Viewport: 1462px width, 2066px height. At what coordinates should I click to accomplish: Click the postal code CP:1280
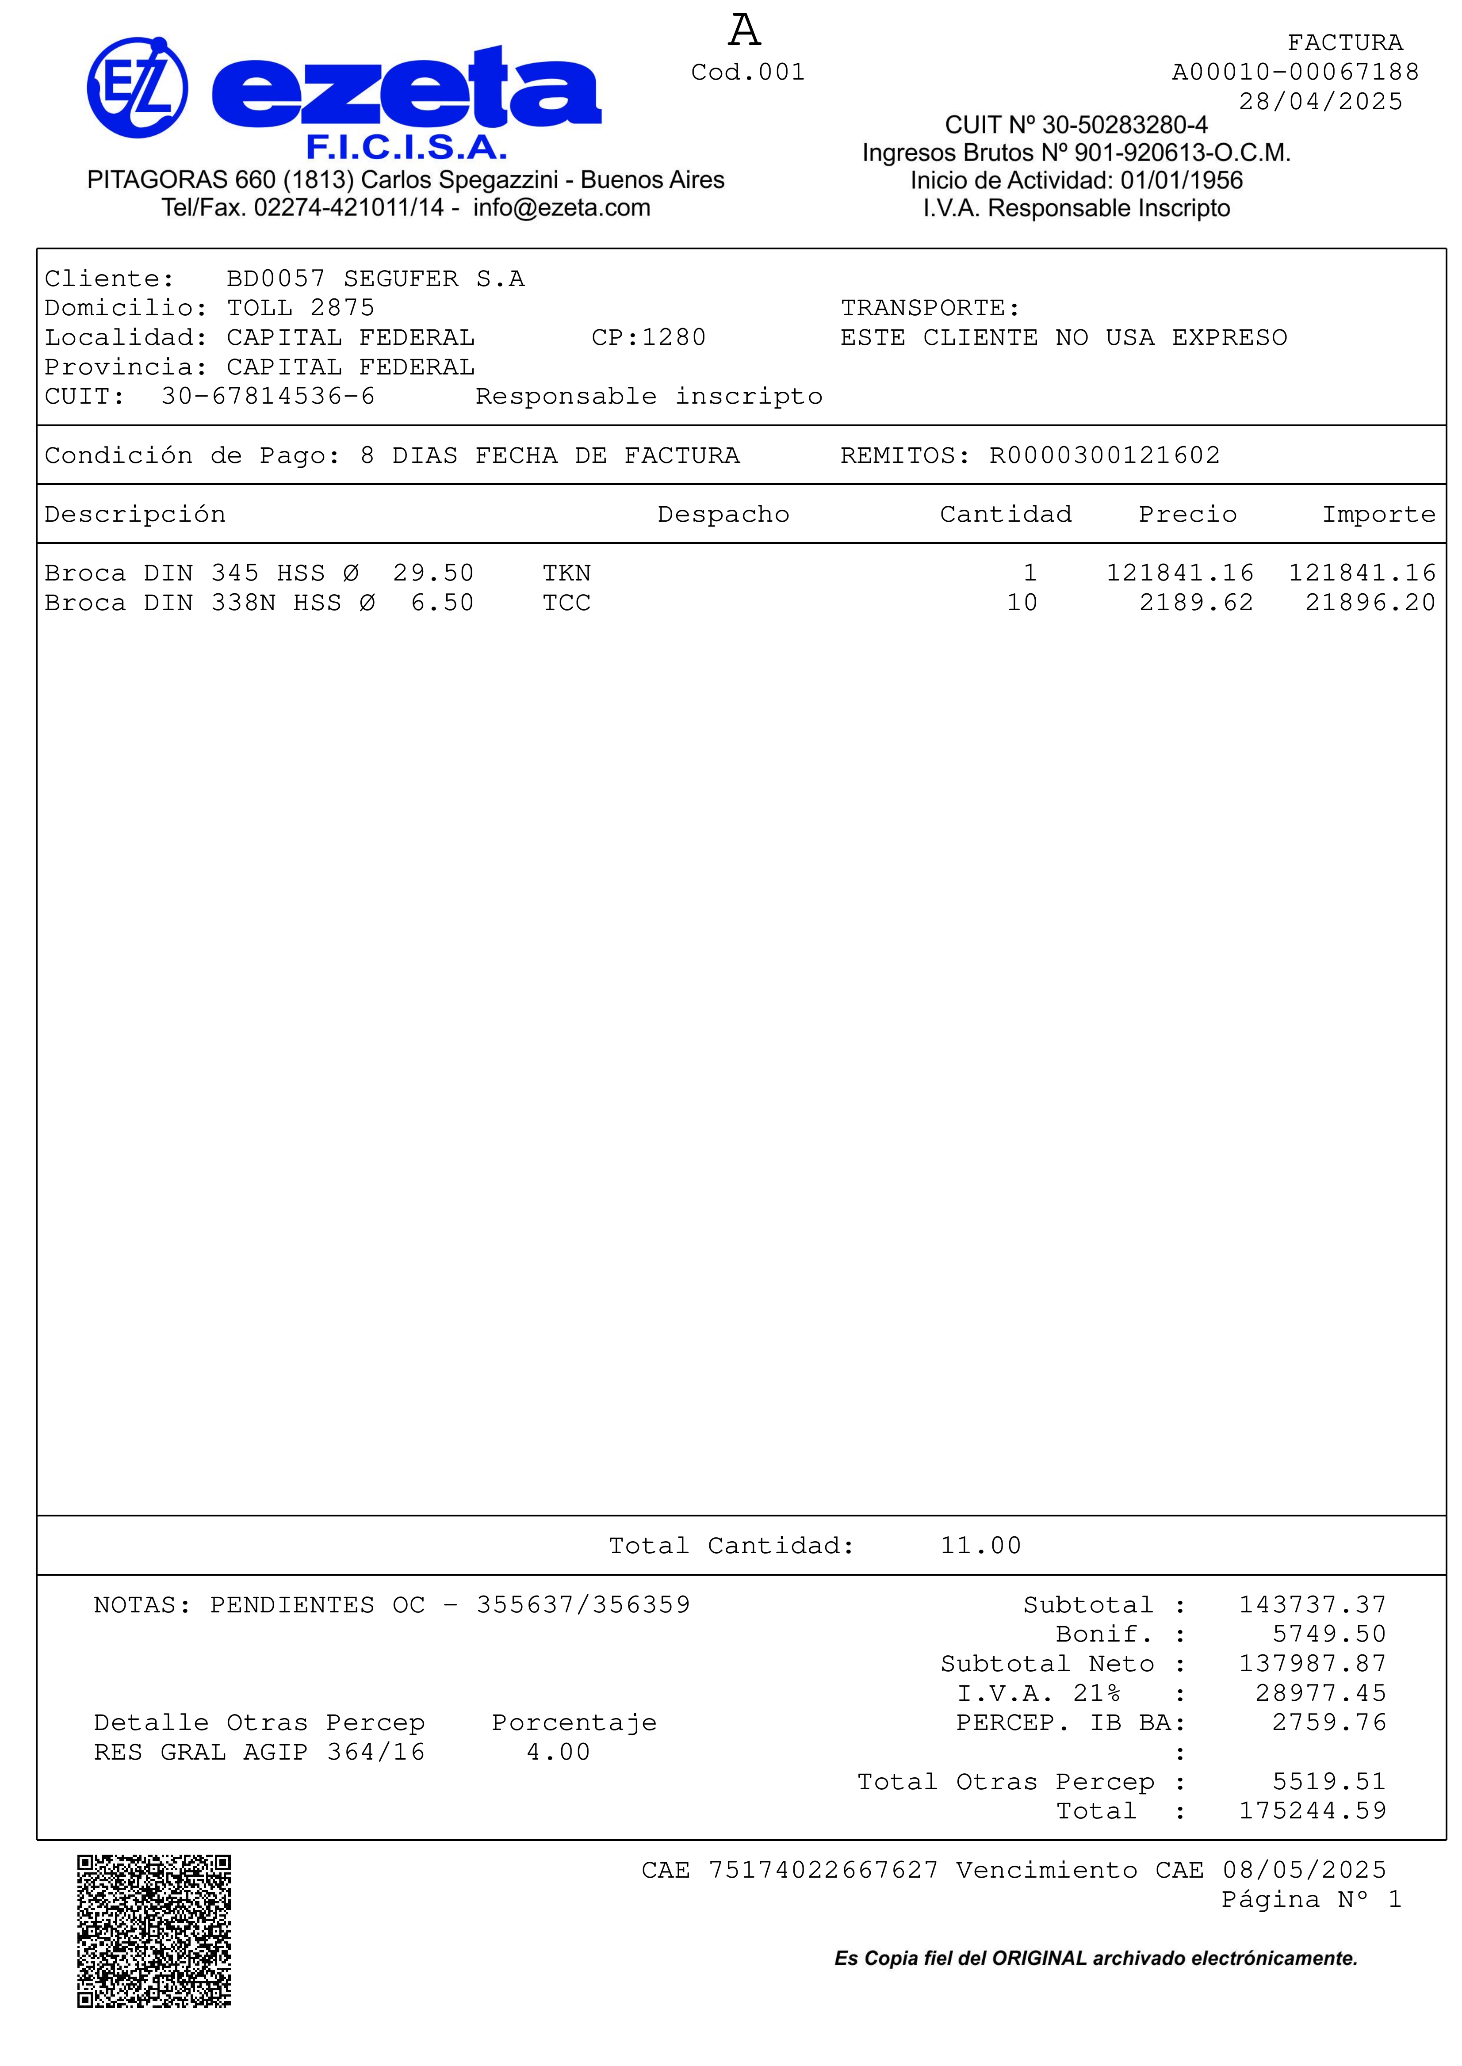(648, 337)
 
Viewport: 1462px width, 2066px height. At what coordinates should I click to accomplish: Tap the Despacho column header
(723, 515)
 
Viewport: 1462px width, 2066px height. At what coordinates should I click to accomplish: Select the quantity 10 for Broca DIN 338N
(1022, 603)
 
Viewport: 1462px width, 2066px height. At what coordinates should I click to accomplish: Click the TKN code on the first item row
(566, 573)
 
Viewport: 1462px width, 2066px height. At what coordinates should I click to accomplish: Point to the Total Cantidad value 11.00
(980, 1546)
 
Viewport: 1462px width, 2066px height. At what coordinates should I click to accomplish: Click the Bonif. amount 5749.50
(1329, 1634)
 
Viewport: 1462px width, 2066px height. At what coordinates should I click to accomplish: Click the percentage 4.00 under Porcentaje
(558, 1752)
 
